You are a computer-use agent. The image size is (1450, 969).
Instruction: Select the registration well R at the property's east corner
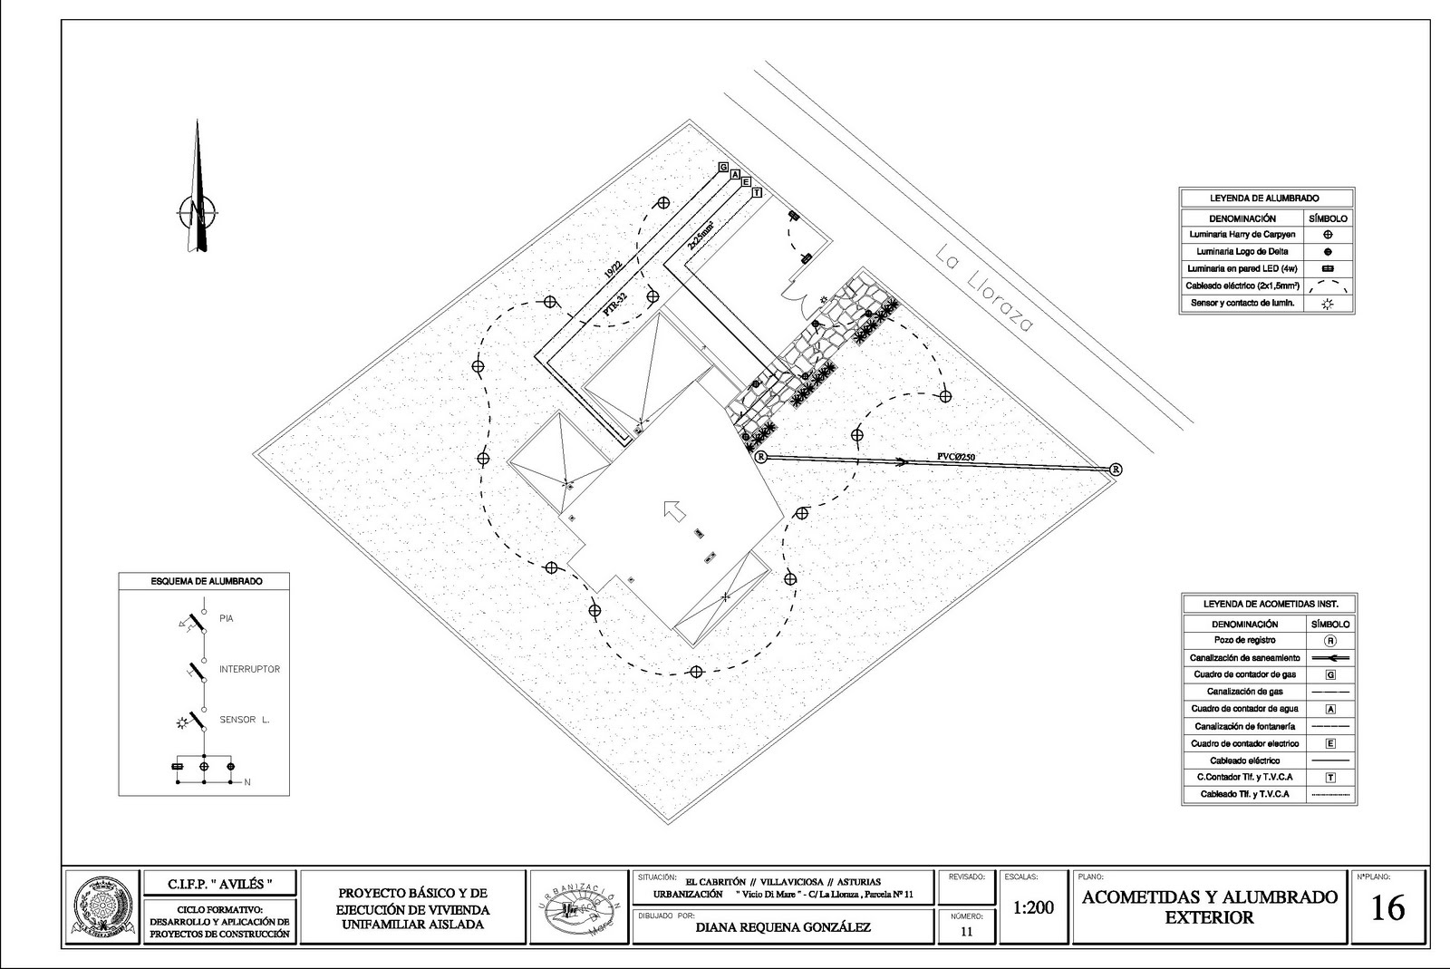coord(1116,469)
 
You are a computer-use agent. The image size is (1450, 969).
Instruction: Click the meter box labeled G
coord(723,168)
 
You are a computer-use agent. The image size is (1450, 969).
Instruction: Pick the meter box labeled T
coord(757,193)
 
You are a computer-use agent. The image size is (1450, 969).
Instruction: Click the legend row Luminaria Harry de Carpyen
coord(1242,234)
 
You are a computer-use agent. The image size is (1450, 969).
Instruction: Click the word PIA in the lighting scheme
coord(227,618)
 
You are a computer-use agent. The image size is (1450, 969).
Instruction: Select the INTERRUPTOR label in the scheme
coord(249,669)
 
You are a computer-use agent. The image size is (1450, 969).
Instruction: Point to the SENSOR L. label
coord(245,720)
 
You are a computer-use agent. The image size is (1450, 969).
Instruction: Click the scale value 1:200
coord(1032,907)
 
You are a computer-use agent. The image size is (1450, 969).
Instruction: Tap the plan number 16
coord(1387,908)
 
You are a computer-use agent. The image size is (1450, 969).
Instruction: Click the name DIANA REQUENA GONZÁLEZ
coord(782,927)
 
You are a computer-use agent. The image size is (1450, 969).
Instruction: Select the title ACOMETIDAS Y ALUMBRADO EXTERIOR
coord(1209,906)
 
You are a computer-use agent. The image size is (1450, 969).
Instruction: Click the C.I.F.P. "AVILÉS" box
coord(219,882)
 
